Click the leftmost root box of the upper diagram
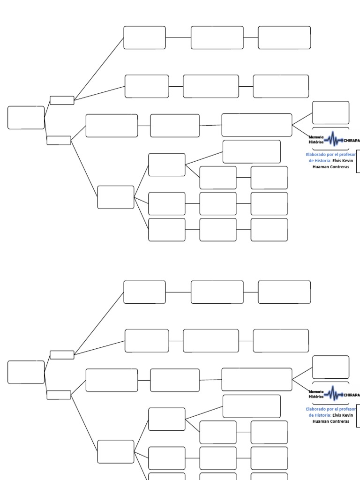coord(26,118)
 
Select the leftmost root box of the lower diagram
coord(26,372)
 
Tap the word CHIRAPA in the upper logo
coord(352,140)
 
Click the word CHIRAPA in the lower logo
coord(352,395)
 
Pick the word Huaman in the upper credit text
coord(321,167)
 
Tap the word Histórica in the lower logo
coord(316,397)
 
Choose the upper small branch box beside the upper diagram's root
coord(62,100)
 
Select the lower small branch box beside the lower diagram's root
coord(59,395)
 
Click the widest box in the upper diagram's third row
coord(256,125)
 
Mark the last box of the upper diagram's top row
coord(284,37)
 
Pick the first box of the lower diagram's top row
coord(144,292)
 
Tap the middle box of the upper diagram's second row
coord(210,86)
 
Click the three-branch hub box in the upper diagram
coord(115,197)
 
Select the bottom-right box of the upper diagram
coord(269,230)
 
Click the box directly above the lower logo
coord(330,367)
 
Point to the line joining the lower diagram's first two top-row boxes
coord(178,292)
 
